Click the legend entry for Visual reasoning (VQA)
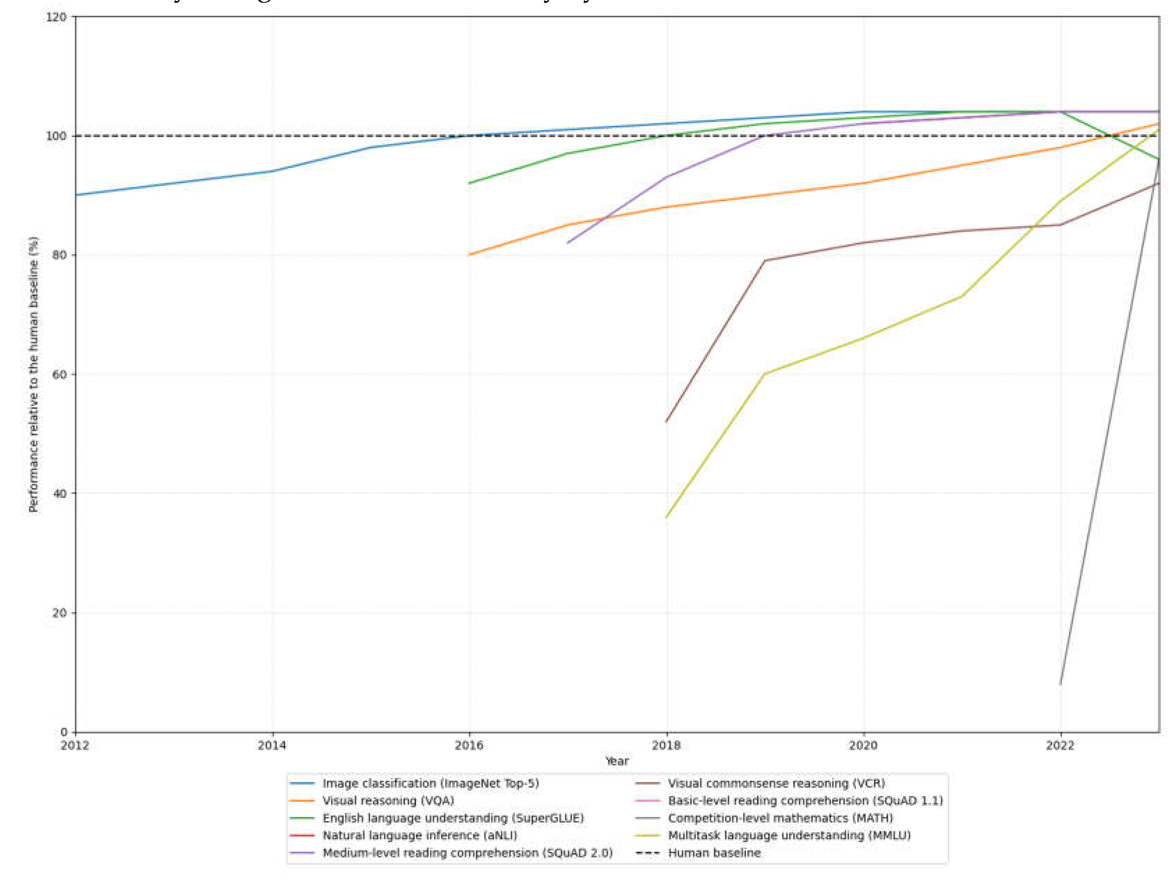click(388, 800)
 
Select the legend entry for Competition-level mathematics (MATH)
click(780, 818)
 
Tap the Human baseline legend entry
click(714, 853)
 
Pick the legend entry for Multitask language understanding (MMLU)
click(789, 835)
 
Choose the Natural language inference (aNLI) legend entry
click(420, 835)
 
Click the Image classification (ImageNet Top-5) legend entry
click(430, 783)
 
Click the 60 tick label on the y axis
click(59, 374)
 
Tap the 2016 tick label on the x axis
click(469, 746)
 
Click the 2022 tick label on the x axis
click(1060, 746)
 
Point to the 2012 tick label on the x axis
click(75, 746)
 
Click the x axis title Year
click(617, 761)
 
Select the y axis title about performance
click(33, 374)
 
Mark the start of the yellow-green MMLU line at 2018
click(667, 517)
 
